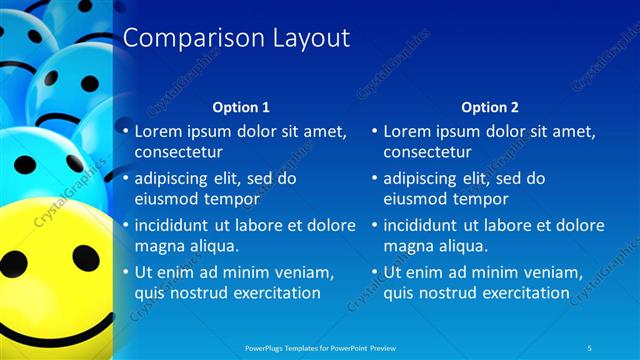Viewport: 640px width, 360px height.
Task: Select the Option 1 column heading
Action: [x=241, y=107]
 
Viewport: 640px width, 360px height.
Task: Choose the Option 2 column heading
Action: [x=489, y=107]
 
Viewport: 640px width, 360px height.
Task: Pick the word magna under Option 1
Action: [x=158, y=246]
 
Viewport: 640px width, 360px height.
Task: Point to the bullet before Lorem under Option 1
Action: [x=125, y=131]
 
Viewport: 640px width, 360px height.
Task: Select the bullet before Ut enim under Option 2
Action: [x=375, y=272]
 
